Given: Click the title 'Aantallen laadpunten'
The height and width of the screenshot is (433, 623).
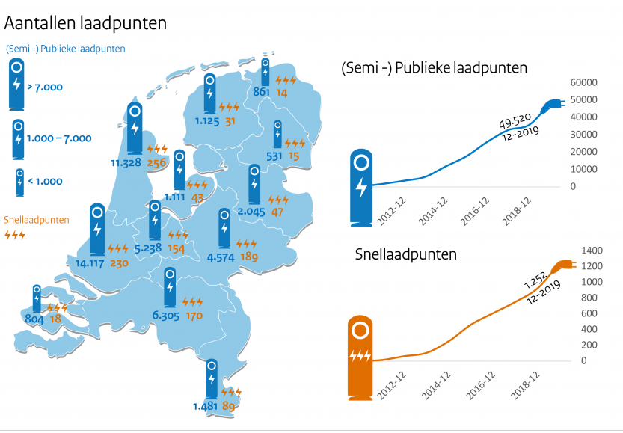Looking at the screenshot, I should (85, 23).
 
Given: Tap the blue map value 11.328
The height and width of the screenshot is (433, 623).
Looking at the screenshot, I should (126, 162).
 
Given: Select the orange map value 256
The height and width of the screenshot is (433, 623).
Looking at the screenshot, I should (157, 162).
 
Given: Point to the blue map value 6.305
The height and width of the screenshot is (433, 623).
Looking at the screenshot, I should (166, 316).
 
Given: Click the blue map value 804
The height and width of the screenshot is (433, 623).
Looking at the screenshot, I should (34, 319).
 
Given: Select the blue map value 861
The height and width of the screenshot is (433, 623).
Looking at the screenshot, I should (261, 93).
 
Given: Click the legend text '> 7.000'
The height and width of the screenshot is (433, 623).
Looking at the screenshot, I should (45, 87).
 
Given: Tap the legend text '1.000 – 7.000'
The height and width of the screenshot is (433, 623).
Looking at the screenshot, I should (58, 138).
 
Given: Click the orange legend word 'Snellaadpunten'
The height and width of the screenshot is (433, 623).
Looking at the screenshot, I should (37, 220).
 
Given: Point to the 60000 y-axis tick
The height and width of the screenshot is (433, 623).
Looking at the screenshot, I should (583, 83).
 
